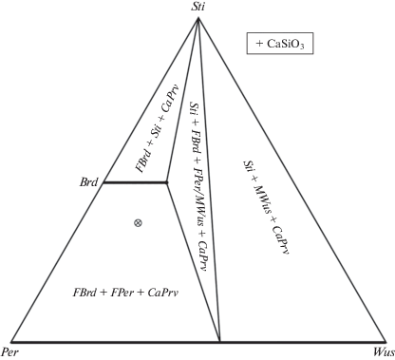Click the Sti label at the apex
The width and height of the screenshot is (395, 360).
click(x=197, y=7)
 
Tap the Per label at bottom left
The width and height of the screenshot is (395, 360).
click(x=9, y=352)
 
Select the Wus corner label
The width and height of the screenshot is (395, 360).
click(x=384, y=352)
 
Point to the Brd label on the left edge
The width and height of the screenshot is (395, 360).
click(x=89, y=182)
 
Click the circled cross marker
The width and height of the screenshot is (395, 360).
click(x=138, y=223)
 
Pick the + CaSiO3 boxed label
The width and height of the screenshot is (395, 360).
click(x=280, y=44)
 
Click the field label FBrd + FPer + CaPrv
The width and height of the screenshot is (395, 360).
click(x=125, y=292)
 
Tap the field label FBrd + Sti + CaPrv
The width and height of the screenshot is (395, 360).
click(x=157, y=128)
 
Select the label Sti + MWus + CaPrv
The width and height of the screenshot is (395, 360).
click(x=267, y=207)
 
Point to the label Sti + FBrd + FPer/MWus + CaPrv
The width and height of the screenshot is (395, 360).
click(x=198, y=186)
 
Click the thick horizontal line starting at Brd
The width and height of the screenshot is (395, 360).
click(x=135, y=182)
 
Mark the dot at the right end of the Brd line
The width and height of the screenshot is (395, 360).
click(x=167, y=182)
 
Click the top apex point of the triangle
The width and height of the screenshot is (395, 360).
click(x=198, y=19)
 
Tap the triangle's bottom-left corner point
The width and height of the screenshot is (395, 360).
click(x=11, y=342)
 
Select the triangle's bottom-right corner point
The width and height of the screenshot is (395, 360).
click(x=386, y=342)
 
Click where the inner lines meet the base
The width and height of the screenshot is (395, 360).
click(x=220, y=342)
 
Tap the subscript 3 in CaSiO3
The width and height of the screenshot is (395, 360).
click(x=302, y=47)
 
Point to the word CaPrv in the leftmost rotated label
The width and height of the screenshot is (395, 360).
click(x=171, y=99)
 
